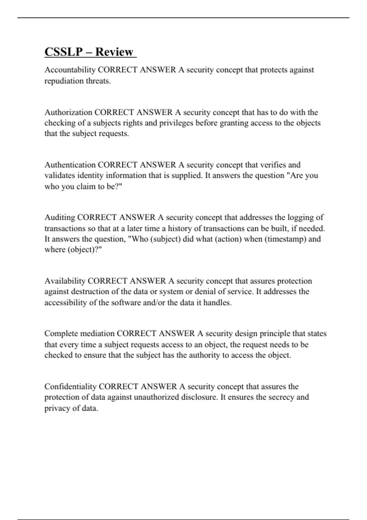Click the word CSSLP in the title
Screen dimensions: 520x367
(63, 52)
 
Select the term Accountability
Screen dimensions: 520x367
(70, 70)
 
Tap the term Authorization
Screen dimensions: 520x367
(68, 112)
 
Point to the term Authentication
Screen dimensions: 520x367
(70, 165)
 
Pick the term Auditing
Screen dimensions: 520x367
(60, 217)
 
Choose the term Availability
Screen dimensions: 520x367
(65, 281)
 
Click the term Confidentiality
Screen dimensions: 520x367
(70, 386)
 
